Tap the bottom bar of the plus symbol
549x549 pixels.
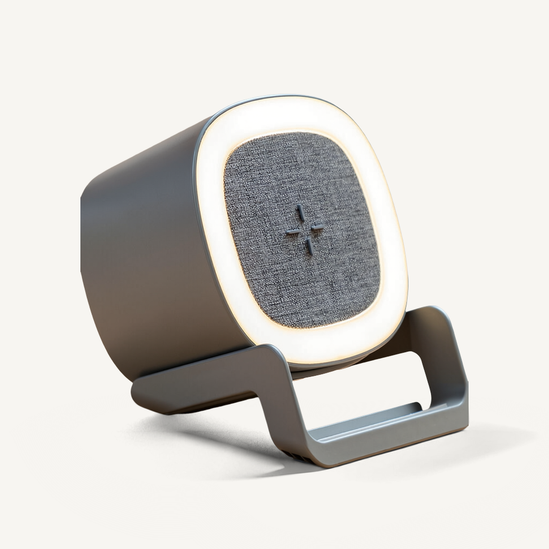point(310,246)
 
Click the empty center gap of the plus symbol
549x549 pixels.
point(305,229)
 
